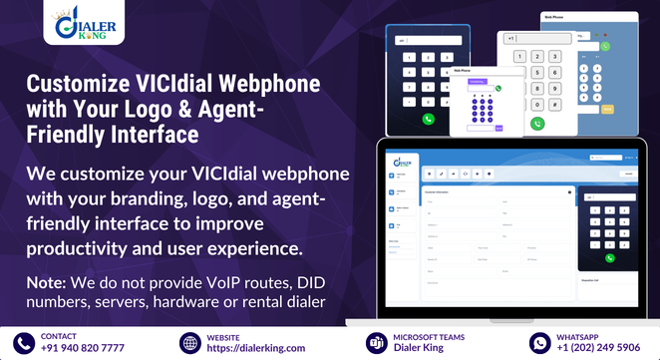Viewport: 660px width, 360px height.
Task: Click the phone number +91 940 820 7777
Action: click(83, 348)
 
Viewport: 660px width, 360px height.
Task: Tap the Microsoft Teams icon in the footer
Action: click(378, 343)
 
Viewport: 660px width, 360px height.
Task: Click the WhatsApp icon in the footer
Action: click(539, 343)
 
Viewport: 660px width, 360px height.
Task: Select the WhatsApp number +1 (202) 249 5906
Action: click(599, 348)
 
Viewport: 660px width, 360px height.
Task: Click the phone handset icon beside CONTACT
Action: click(24, 343)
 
